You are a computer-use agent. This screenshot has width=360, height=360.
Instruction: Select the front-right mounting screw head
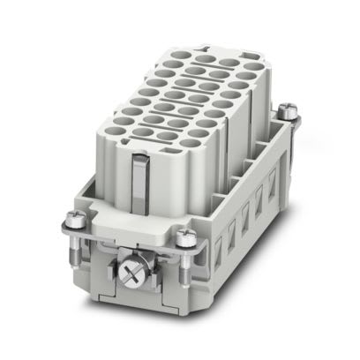click(185, 236)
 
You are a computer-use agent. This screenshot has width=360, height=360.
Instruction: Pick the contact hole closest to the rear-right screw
click(254, 67)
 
